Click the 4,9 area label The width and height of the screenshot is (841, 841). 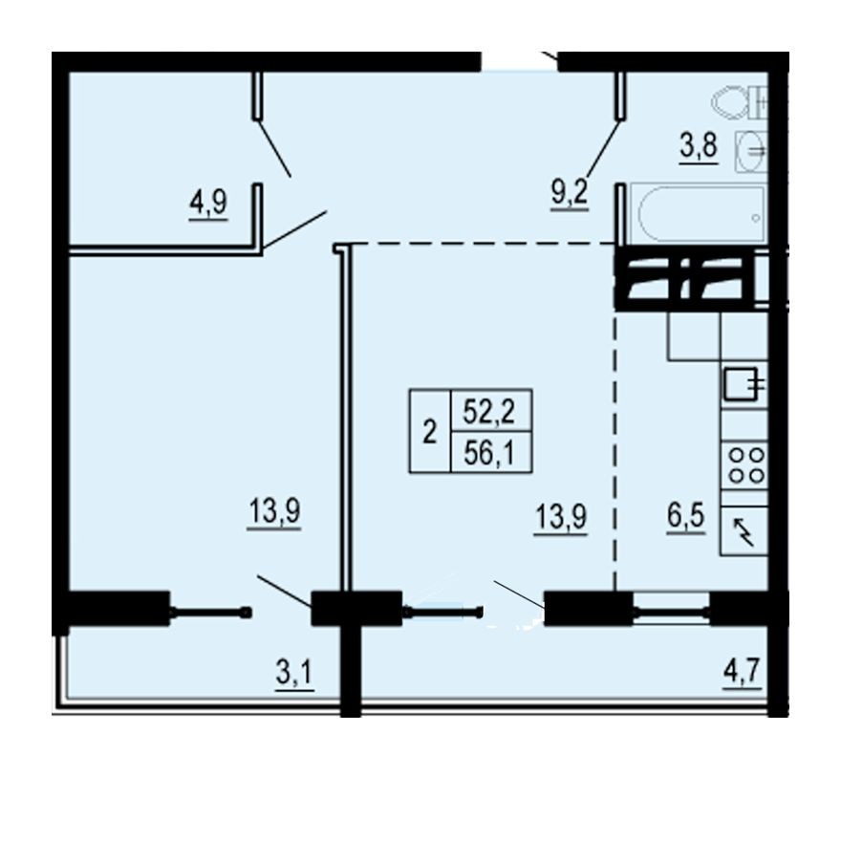[x=207, y=204]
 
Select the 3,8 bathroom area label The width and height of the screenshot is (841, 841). [x=699, y=149]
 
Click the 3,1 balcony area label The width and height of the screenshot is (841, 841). [x=295, y=675]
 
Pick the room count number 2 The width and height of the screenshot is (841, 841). [x=429, y=432]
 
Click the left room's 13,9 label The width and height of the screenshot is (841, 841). [x=275, y=514]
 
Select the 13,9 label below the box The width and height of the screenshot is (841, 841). [x=560, y=521]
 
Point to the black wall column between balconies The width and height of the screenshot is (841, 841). [x=351, y=659]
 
